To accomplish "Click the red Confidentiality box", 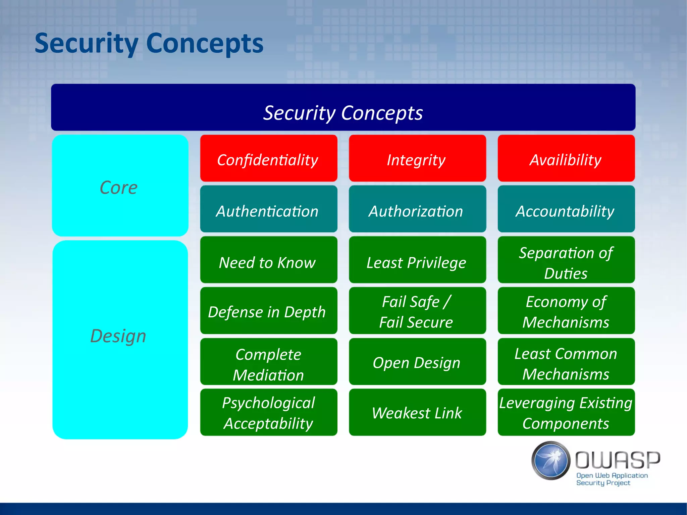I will point(268,158).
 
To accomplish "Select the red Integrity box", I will point(417,158).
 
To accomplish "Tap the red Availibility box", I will point(566,158).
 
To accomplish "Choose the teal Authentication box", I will point(268,209).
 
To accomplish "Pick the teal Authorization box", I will point(417,209).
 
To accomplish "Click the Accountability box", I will point(566,209).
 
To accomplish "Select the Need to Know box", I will point(268,260).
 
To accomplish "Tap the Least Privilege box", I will point(417,260).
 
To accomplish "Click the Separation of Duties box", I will point(566,260).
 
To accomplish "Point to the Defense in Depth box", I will point(268,311).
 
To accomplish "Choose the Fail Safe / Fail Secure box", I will point(417,311).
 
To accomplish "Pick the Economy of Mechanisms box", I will point(566,311).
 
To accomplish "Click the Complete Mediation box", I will point(268,362).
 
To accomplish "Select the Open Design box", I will point(417,362).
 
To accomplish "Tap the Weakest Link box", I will point(417,413).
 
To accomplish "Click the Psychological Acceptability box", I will point(268,413).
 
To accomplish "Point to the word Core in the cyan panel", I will point(119,188).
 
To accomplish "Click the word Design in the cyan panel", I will point(118,336).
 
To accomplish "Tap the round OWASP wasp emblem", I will point(551,460).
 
